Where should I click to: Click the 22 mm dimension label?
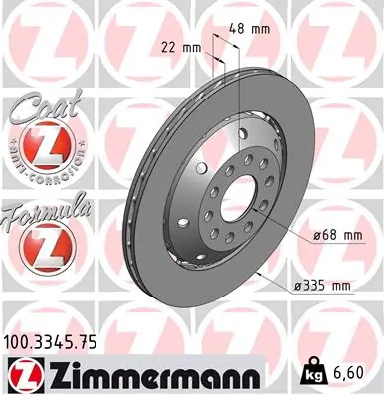(x=181, y=47)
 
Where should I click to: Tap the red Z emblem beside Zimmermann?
(x=24, y=374)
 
